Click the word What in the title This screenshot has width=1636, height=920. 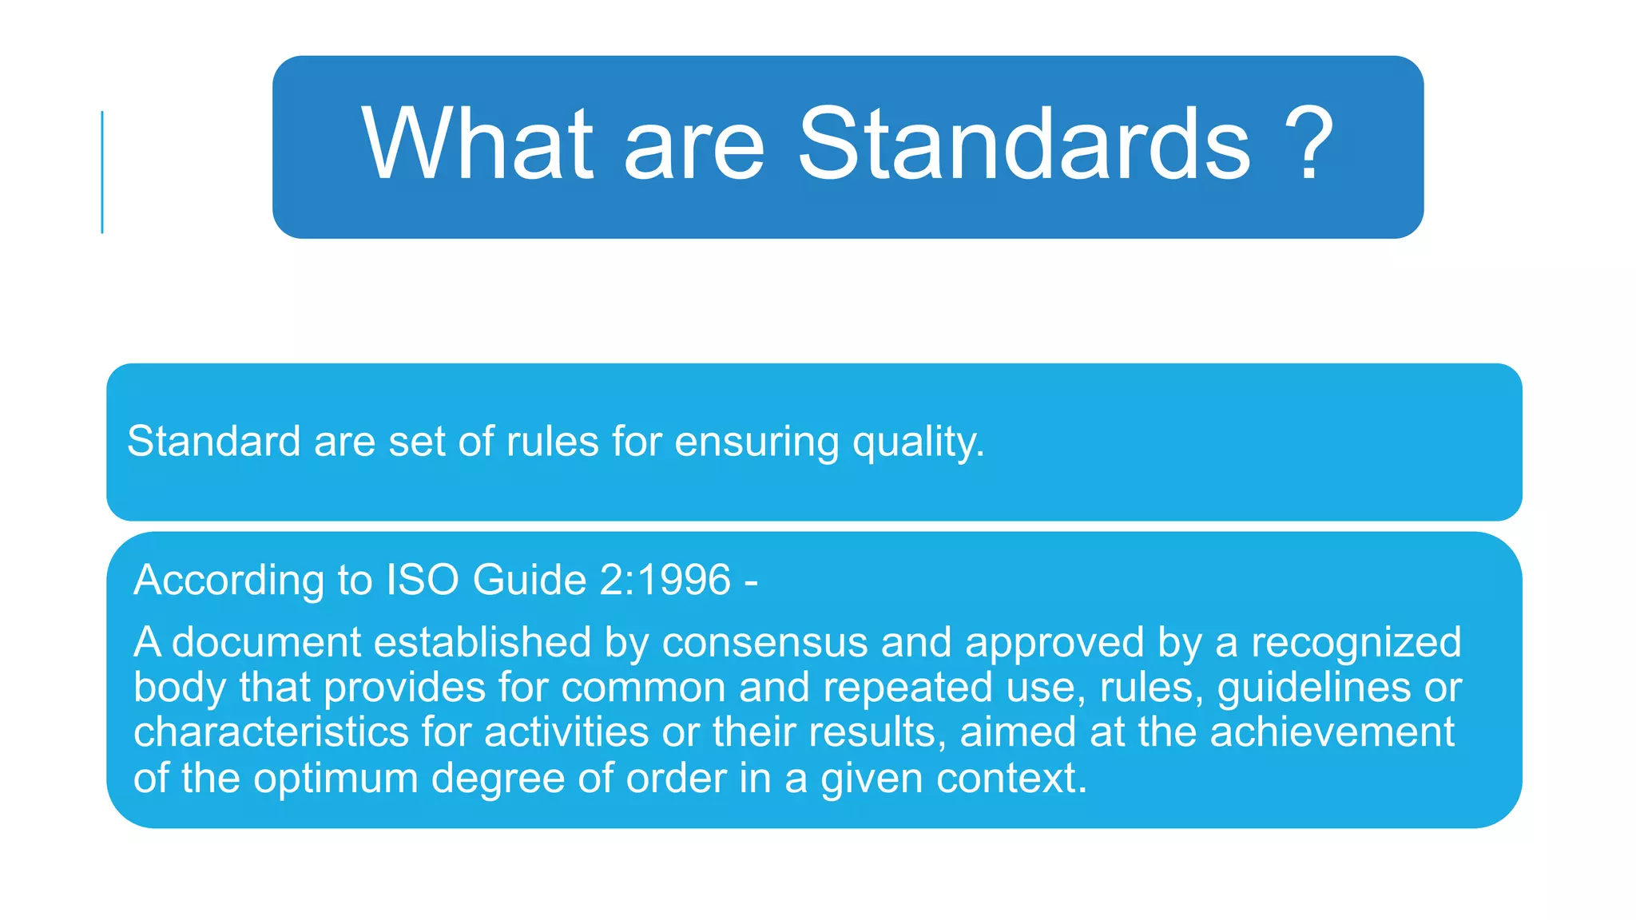[477, 145]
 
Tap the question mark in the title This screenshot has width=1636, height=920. [1308, 145]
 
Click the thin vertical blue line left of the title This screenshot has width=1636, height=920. [102, 172]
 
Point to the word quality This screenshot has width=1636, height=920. [918, 442]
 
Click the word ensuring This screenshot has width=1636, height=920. [756, 442]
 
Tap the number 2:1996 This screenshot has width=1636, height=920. [665, 580]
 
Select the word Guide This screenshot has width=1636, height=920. [529, 580]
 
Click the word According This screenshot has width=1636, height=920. [228, 580]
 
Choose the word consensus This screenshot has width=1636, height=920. [764, 642]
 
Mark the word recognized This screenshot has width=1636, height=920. [1356, 642]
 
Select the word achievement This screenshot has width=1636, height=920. [1332, 732]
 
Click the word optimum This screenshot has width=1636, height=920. [336, 779]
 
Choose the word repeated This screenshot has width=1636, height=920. [907, 688]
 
